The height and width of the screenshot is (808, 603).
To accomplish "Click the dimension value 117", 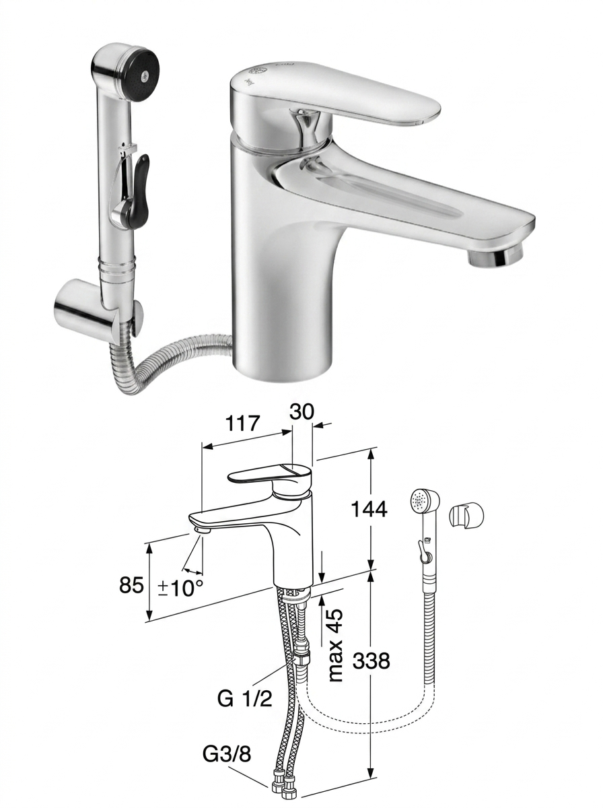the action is point(243,424).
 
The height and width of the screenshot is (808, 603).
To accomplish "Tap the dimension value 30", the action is point(301,411).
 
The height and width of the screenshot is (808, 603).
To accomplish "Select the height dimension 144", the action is point(369,510).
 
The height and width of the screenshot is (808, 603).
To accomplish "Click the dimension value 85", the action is point(131,584).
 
